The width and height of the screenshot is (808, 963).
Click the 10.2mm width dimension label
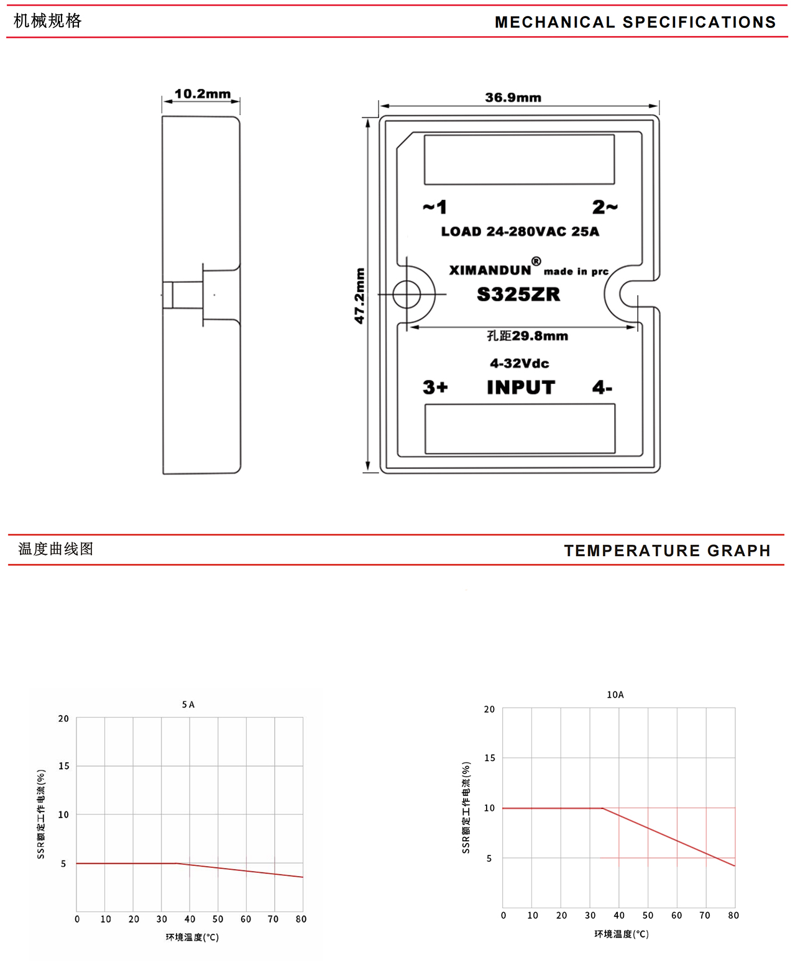click(203, 94)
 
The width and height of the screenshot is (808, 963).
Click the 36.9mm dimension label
click(513, 98)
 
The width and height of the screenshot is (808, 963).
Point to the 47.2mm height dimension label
click(359, 296)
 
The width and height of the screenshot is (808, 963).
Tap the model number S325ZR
click(518, 294)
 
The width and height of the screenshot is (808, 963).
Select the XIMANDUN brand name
click(490, 270)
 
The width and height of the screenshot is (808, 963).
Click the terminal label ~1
click(434, 207)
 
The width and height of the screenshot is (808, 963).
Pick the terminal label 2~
click(605, 207)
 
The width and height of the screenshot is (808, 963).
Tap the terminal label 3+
click(435, 387)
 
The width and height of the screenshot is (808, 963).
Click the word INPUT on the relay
click(521, 388)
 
